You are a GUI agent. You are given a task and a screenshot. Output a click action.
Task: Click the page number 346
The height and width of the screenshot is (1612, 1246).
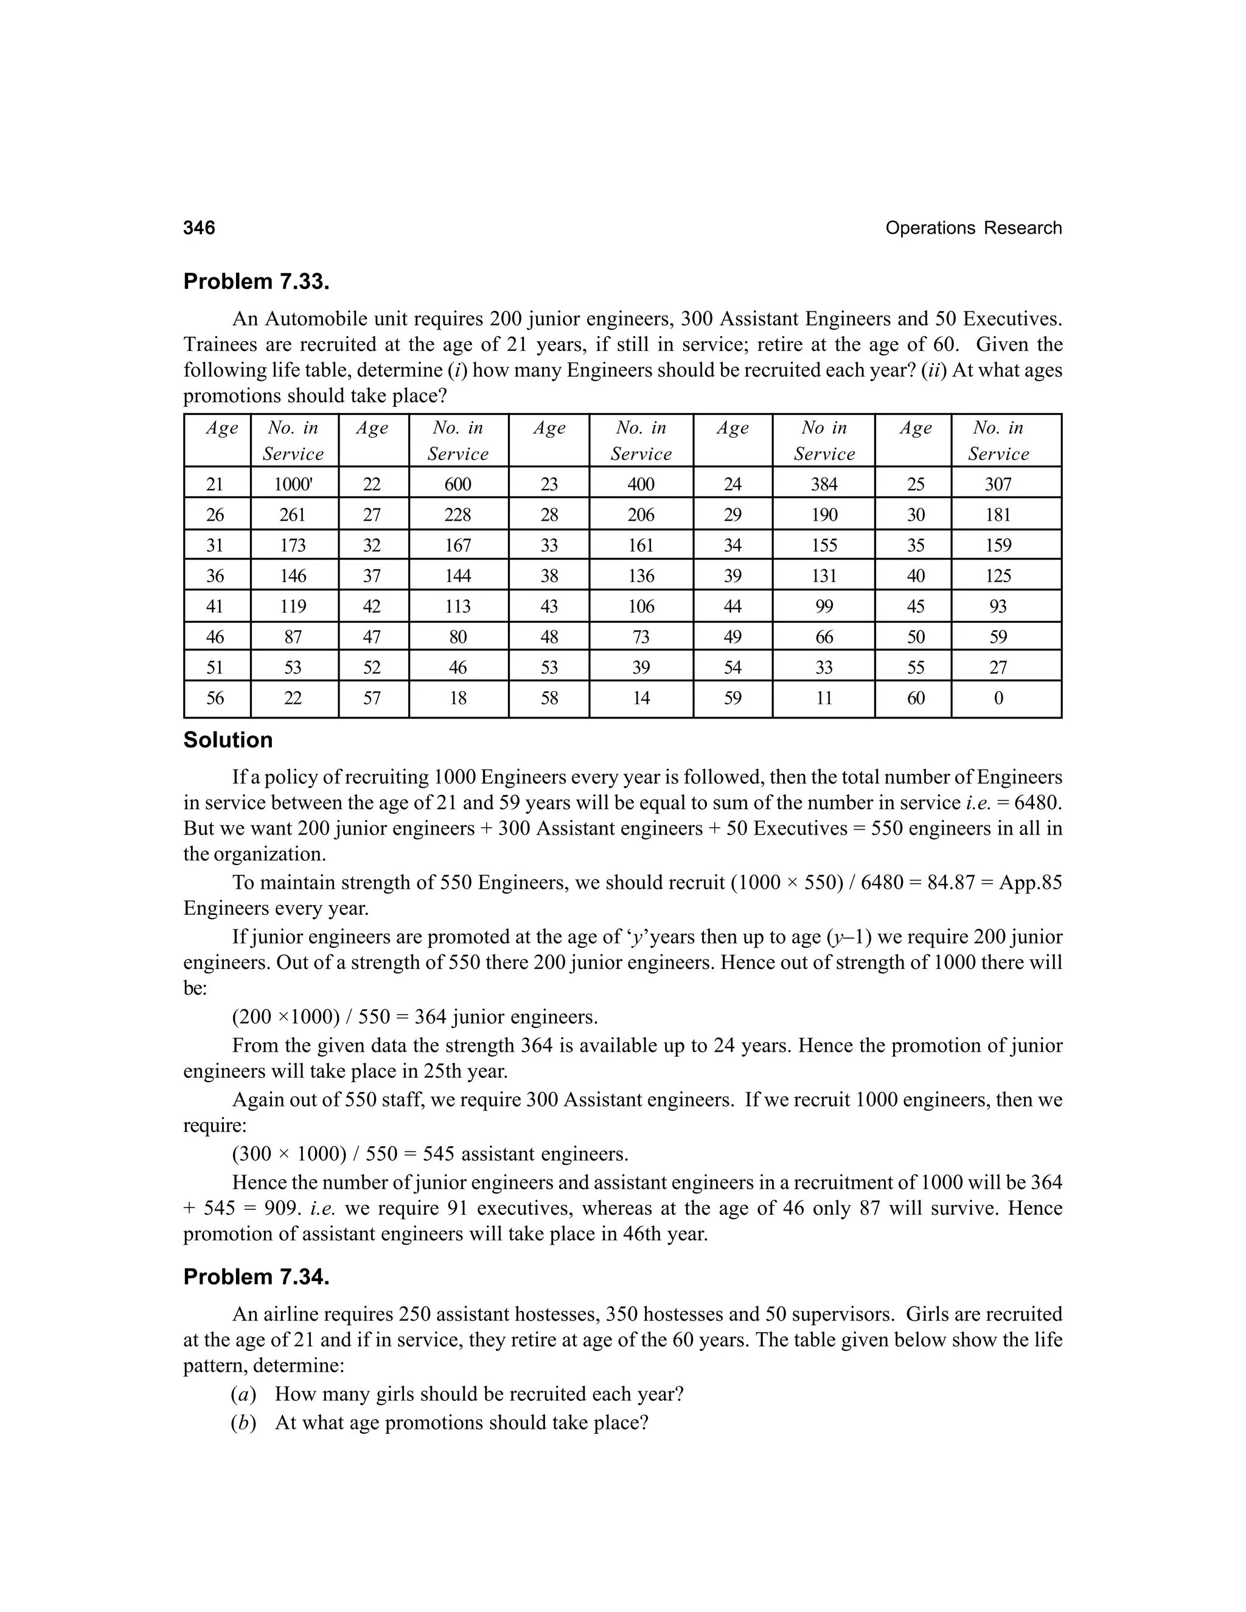point(200,228)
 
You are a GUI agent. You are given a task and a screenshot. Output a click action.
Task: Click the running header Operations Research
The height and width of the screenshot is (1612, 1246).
point(973,228)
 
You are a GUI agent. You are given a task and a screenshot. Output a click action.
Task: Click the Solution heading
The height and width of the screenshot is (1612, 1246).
point(228,740)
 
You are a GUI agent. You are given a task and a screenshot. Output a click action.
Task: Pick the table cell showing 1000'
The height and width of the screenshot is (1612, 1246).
point(293,484)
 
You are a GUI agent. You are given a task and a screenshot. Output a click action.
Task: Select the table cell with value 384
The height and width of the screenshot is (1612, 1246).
point(824,484)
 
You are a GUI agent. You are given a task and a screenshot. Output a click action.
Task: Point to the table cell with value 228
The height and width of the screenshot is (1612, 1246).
point(458,515)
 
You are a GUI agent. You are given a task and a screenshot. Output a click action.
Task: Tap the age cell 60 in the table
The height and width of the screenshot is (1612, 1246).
point(915,698)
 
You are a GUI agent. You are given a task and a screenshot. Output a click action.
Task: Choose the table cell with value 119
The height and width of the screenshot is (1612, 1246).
point(293,606)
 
